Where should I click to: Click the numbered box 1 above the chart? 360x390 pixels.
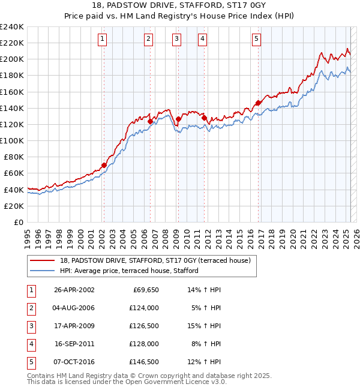tap(103, 40)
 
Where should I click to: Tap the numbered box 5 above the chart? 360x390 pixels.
tap(256, 40)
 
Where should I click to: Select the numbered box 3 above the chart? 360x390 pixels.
tap(177, 40)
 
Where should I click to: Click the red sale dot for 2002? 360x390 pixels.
tap(104, 165)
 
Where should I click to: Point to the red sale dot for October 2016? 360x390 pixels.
tap(258, 103)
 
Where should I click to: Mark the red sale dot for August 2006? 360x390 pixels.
tap(150, 121)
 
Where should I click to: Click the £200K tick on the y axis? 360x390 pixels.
tap(12, 59)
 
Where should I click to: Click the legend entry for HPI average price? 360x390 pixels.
tap(129, 271)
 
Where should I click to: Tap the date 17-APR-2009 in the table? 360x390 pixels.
tap(74, 326)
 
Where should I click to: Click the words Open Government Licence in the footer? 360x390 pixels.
tap(175, 381)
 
